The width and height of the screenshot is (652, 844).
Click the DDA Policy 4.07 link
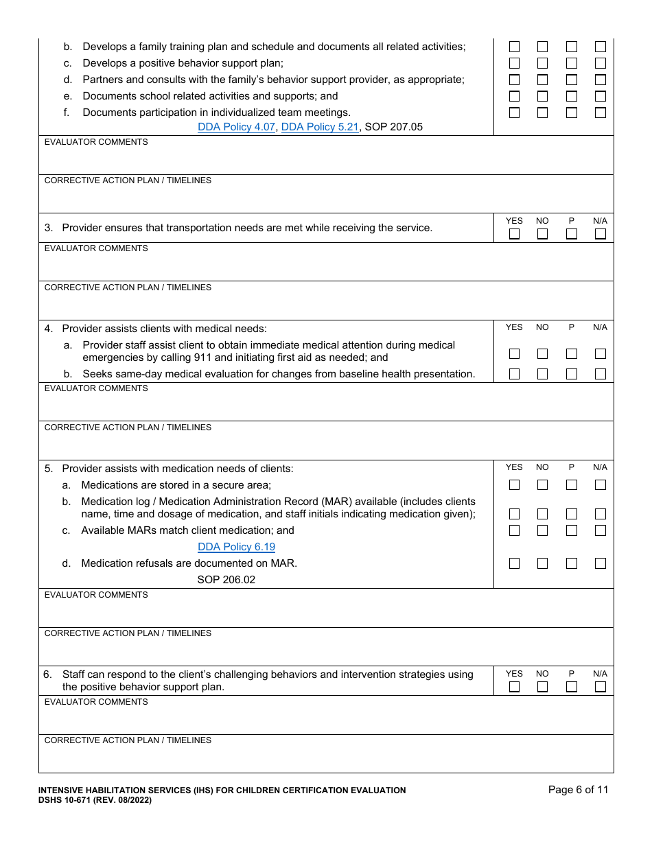click(236, 127)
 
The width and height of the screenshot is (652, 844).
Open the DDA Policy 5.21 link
click(320, 127)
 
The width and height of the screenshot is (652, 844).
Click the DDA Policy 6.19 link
click(236, 547)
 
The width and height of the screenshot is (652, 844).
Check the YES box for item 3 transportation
click(514, 234)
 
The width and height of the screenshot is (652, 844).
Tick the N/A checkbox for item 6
click(601, 687)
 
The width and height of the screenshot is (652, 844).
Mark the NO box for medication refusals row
click(542, 563)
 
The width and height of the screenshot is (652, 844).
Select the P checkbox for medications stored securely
click(572, 485)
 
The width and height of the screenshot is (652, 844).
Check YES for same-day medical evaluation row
click(514, 374)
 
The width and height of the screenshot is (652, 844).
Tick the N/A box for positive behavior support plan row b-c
click(601, 63)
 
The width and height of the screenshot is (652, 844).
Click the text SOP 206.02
click(226, 580)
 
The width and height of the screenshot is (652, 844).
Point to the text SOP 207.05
click(394, 127)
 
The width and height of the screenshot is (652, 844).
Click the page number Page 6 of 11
click(578, 790)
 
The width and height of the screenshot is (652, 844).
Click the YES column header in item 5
click(514, 467)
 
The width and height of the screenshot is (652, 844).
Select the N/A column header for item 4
click(601, 327)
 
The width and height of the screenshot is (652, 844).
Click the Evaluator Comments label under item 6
click(96, 702)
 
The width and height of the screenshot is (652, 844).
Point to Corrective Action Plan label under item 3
click(128, 288)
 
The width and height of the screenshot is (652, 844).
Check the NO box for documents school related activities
click(542, 96)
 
